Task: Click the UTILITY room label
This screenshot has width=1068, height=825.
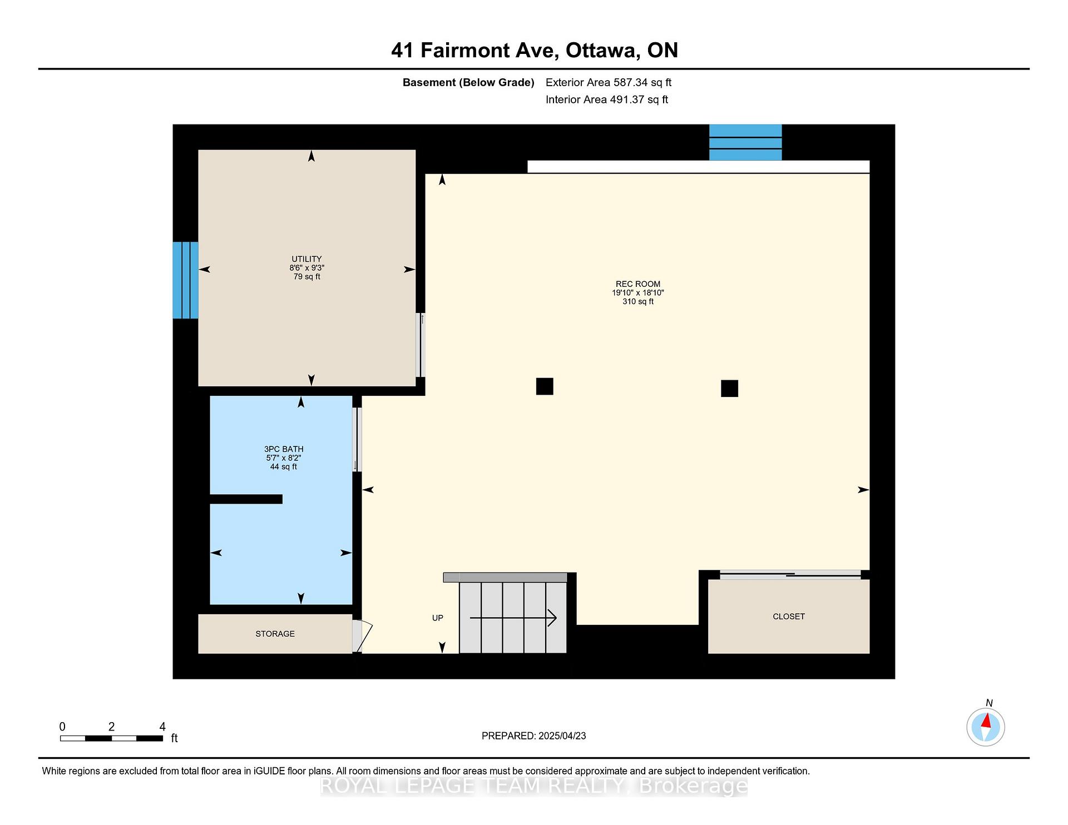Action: [306, 259]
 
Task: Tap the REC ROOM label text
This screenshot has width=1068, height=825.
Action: [638, 284]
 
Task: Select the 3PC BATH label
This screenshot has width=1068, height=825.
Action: [284, 449]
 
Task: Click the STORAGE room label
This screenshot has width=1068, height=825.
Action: [275, 634]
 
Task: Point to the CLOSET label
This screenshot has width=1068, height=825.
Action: [789, 617]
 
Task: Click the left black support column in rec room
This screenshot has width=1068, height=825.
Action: [545, 386]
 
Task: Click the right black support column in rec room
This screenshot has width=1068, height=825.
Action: [729, 389]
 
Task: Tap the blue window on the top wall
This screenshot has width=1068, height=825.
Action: [745, 142]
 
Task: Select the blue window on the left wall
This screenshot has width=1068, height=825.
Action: [185, 280]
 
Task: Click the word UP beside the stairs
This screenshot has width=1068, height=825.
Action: [438, 618]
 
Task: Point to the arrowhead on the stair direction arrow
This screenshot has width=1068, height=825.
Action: [553, 618]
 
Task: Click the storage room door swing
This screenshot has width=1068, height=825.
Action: [362, 636]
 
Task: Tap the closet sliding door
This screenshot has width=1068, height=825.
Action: [790, 575]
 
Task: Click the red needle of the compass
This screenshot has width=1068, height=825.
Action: [986, 721]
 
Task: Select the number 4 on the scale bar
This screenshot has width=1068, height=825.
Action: [162, 727]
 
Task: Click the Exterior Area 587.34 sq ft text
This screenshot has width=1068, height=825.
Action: [609, 82]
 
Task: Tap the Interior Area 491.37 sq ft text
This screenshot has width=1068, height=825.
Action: [607, 100]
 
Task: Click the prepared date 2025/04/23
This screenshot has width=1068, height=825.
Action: [562, 736]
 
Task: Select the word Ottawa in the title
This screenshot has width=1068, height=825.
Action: [601, 51]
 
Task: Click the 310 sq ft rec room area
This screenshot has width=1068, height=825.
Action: [638, 302]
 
